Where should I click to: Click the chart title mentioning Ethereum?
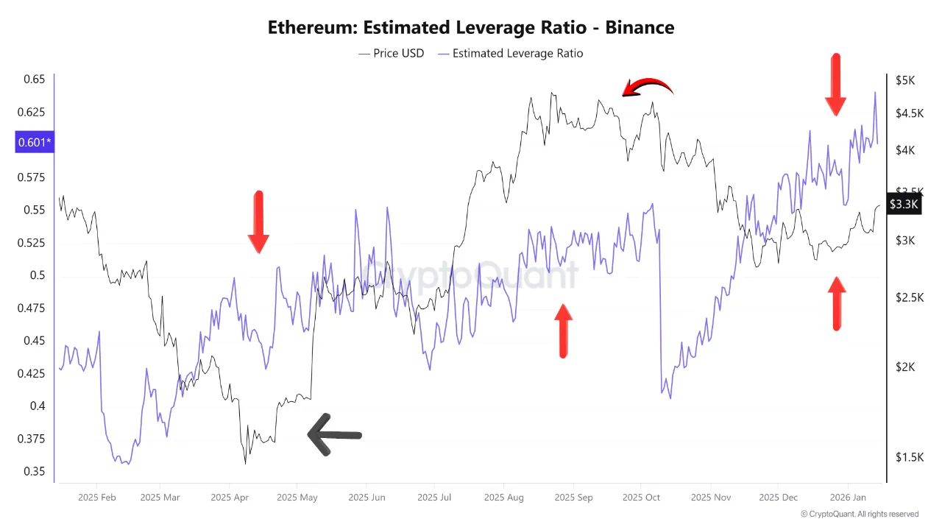coord(471,28)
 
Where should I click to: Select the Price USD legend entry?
coord(392,53)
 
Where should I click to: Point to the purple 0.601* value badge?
coord(34,142)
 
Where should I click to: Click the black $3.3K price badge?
coord(903,204)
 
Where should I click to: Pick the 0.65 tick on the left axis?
coord(34,79)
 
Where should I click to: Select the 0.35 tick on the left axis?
coord(34,472)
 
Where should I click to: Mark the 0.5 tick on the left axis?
coord(38,275)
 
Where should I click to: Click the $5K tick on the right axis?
coord(904,80)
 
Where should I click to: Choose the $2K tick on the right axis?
coord(904,367)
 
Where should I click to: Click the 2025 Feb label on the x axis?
coord(97,498)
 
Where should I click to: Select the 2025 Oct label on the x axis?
coord(641,498)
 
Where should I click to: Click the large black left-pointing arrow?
coord(334,435)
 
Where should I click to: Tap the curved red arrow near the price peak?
coord(648,88)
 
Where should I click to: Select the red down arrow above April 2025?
coord(258,222)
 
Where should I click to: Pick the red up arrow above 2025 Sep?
coord(563,331)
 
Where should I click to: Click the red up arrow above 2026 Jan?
coord(836,303)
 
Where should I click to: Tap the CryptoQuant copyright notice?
coord(860,514)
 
